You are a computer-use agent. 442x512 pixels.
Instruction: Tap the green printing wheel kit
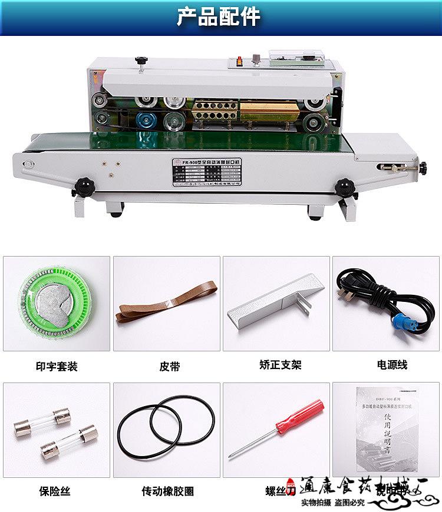point(56,304)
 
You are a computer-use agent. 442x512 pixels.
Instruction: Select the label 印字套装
point(56,366)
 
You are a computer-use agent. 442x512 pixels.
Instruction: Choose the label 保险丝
point(56,491)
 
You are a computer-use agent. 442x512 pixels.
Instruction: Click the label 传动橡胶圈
point(167,491)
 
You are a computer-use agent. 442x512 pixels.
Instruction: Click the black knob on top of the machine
point(140,61)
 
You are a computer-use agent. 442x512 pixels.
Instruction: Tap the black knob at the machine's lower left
point(84,187)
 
